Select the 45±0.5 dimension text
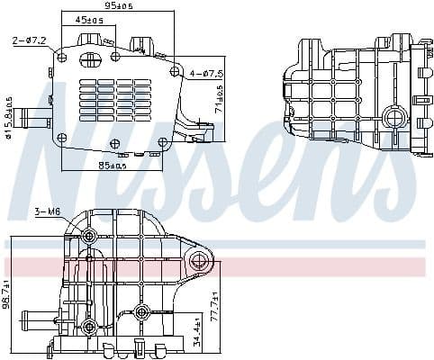pos(88,19)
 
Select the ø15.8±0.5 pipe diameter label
pos(9,118)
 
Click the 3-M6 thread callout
pos(46,211)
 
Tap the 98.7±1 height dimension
pos(7,294)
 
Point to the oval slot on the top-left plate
pos(91,60)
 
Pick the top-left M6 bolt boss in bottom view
pos(89,237)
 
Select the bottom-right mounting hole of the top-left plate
pos(163,142)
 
